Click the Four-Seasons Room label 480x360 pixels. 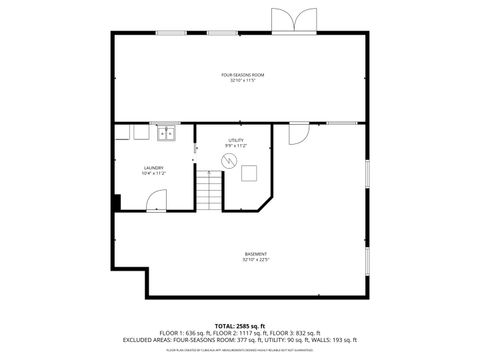click(x=242, y=75)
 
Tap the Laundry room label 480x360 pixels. click(x=153, y=167)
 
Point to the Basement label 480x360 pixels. click(x=256, y=254)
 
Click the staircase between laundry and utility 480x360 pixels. click(x=208, y=190)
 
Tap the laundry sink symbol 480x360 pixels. click(x=164, y=132)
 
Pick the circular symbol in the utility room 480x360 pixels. click(x=227, y=160)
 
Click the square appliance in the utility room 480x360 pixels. click(x=249, y=172)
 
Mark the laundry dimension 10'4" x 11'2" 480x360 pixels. click(x=153, y=173)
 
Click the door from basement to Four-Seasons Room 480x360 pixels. click(x=299, y=133)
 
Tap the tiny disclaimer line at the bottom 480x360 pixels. click(x=240, y=350)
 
